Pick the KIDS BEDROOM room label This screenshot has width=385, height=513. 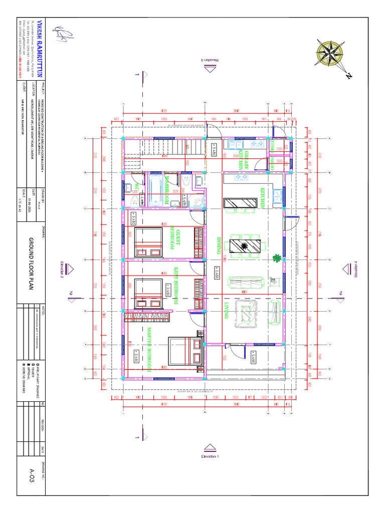176,286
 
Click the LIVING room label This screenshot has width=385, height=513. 226,311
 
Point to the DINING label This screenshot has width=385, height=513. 219,245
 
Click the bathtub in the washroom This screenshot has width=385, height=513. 153,189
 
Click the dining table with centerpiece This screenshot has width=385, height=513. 245,246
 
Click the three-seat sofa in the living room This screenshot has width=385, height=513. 244,284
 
